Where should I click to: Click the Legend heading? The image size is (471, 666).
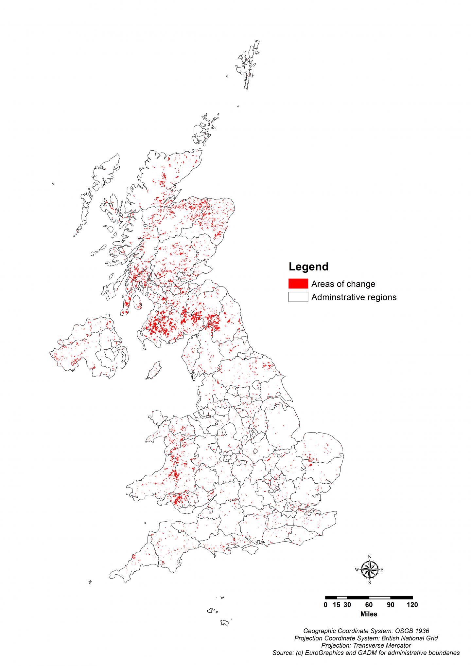tap(308, 267)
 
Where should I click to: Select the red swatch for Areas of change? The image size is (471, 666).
tap(298, 284)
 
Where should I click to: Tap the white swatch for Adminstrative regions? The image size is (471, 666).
tap(298, 297)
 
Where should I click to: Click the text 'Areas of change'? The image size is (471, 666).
tap(343, 284)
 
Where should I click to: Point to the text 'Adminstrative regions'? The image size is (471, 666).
tap(354, 297)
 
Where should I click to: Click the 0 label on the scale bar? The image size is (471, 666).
tap(325, 605)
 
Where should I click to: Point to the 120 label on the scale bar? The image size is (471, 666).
tap(412, 605)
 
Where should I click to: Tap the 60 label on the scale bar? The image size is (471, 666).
tap(369, 605)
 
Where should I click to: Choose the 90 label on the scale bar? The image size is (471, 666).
tap(391, 605)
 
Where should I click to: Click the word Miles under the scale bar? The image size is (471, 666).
tap(369, 614)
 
